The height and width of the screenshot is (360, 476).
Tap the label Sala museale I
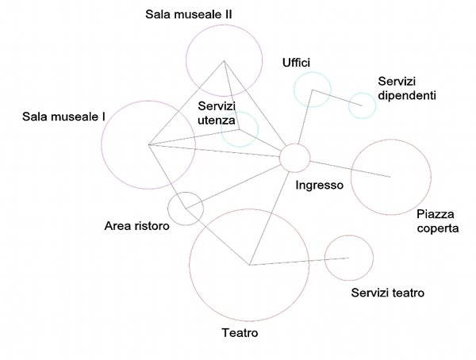coord(64,117)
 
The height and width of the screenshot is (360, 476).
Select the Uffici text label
coord(296,62)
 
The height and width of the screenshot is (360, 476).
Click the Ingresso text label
coord(318,186)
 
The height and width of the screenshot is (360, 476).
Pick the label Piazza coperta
coord(437,221)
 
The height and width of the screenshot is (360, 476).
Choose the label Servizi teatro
coord(387,293)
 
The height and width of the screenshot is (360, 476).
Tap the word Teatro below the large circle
coord(240,333)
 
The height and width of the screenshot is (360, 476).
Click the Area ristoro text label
coord(137,227)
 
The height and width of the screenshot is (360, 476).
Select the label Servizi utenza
coord(217,113)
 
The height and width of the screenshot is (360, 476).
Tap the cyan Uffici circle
coord(311,90)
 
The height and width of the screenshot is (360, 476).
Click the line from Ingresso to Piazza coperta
coord(349,168)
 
